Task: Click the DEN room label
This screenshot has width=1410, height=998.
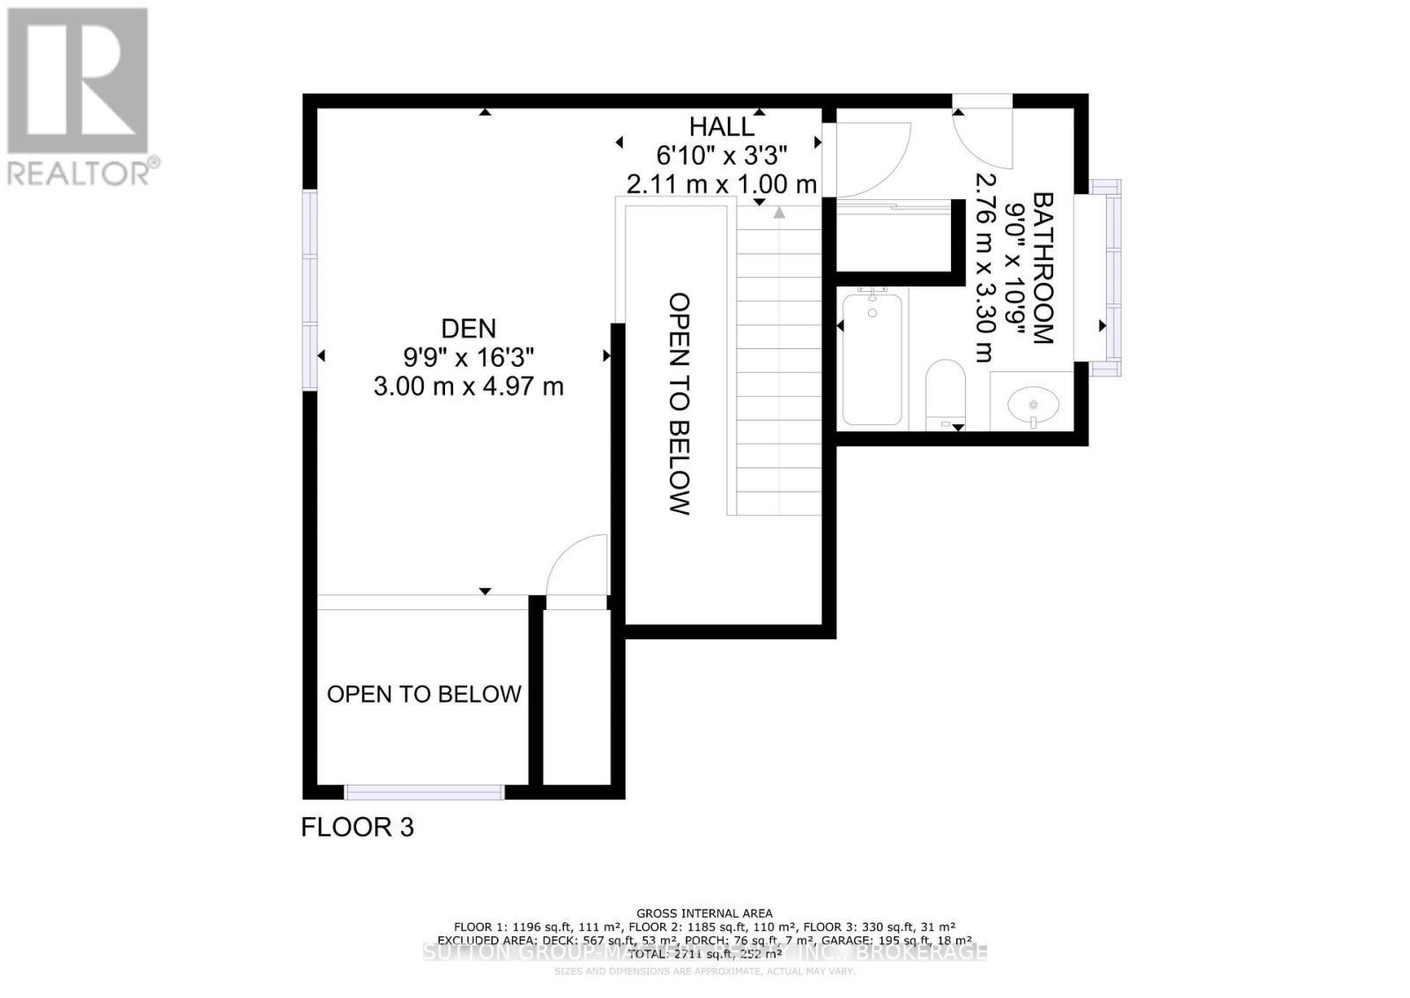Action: [468, 329]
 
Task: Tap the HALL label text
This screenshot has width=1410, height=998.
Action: [722, 127]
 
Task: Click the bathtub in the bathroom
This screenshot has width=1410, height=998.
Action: [872, 359]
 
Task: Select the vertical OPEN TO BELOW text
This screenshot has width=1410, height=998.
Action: [679, 403]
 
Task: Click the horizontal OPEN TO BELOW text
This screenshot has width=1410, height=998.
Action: [424, 695]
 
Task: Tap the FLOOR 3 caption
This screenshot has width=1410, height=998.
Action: [357, 827]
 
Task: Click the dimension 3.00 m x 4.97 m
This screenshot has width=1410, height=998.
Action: [468, 386]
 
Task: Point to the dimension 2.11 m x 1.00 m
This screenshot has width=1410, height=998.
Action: [722, 184]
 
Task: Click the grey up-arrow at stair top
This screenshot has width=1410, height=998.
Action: [779, 212]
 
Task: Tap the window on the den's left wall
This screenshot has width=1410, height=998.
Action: [309, 289]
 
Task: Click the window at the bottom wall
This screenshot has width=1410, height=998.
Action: [424, 792]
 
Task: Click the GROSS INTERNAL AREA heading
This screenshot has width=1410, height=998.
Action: [704, 913]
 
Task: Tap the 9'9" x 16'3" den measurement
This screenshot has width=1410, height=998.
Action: [468, 357]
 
